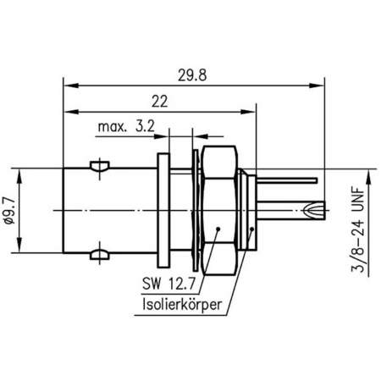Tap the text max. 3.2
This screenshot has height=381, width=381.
(126, 128)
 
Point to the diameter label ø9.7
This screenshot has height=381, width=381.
(27, 207)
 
